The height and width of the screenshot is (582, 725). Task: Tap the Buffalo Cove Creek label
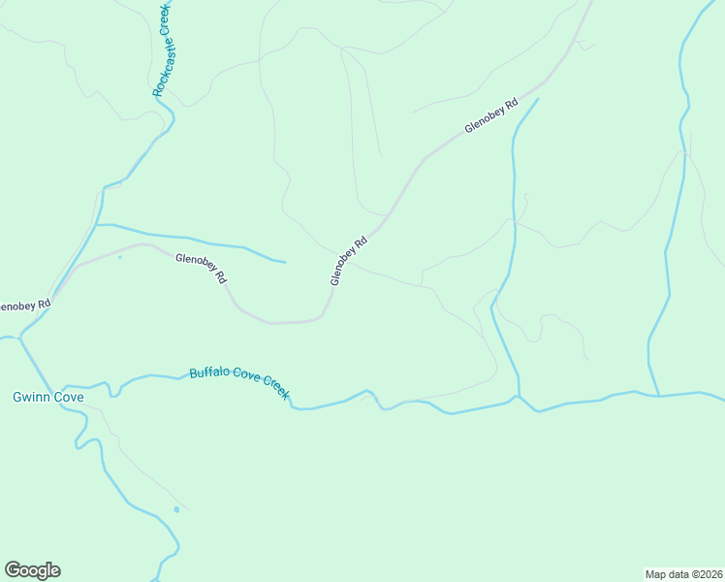click(239, 383)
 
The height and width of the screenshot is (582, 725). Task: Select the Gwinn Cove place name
click(48, 398)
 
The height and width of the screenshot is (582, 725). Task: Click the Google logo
click(32, 570)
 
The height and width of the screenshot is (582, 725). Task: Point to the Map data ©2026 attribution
click(683, 573)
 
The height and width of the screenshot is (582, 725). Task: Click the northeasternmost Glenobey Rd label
click(491, 114)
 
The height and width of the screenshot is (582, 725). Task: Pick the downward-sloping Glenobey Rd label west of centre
click(202, 268)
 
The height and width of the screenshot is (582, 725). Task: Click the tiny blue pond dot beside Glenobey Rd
click(119, 257)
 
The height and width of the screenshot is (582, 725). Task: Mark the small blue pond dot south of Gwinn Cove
click(176, 509)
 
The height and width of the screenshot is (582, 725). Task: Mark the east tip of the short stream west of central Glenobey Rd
click(285, 262)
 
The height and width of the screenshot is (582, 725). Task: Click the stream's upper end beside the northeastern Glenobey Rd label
click(538, 98)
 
